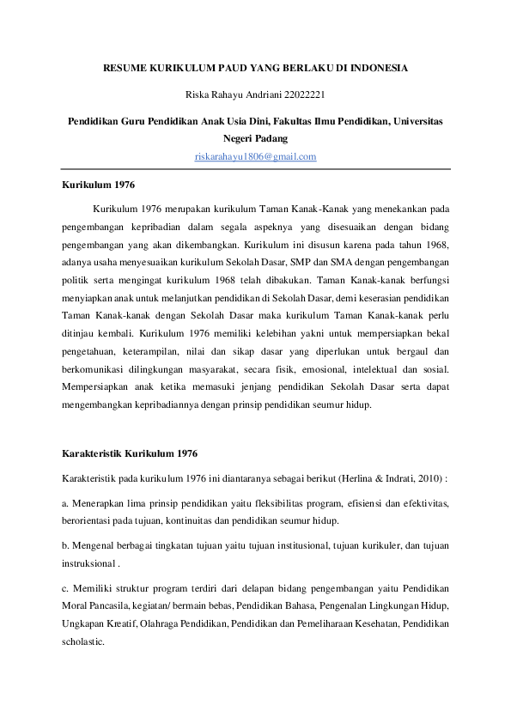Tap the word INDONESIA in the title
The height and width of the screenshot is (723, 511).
[x=374, y=67]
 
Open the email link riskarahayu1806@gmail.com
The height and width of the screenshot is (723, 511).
[x=256, y=156]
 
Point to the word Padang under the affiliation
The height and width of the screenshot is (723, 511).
[x=271, y=138]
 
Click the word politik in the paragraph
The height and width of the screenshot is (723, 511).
[x=76, y=263]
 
